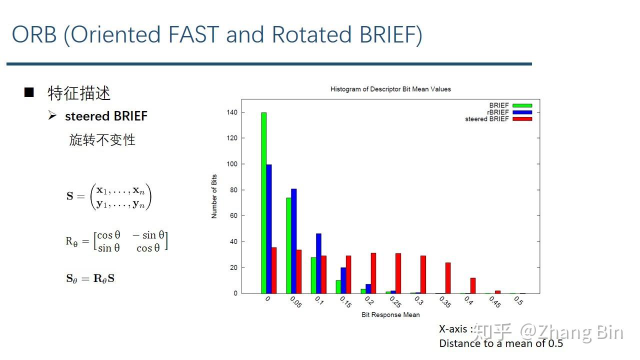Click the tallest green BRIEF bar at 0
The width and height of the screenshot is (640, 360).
263,203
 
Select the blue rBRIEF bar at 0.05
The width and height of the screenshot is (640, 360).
293,241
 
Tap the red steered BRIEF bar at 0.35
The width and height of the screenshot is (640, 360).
448,278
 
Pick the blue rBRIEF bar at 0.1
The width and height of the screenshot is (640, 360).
318,263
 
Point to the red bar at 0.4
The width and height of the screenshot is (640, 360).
473,285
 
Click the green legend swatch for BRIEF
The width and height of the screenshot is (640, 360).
522,105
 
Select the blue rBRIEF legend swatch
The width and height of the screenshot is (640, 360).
522,112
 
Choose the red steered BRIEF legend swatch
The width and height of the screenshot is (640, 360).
522,119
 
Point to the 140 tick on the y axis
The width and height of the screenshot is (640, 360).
232,112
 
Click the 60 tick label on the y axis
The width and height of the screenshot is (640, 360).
233,215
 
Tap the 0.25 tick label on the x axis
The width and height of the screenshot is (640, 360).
395,302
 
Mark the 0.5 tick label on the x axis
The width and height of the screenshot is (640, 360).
518,300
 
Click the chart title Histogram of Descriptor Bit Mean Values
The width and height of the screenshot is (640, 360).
390,89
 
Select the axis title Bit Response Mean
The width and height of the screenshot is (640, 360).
390,315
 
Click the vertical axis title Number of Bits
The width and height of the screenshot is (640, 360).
214,196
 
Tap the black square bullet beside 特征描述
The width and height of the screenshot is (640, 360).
29,92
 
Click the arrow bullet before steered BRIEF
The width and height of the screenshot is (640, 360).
52,115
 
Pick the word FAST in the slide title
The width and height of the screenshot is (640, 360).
193,34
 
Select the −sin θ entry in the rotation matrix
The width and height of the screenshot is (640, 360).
148,235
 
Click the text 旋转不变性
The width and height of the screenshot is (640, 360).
102,140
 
